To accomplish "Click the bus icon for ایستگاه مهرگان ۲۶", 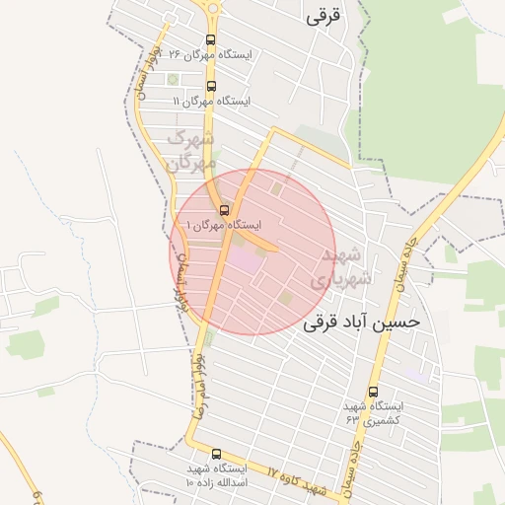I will pos(210,40).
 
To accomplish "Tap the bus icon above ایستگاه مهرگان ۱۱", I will pos(211,86).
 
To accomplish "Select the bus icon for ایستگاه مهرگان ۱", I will pos(224,210).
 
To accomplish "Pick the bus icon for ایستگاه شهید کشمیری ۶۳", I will pos(373,392).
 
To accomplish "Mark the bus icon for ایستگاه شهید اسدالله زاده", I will pos(216,454).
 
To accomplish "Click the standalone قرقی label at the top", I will pos(323,18).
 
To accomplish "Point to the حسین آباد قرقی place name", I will pos(362,323).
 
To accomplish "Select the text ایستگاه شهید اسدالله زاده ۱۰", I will pos(216,476).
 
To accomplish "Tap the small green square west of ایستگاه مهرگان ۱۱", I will pos(174,79).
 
